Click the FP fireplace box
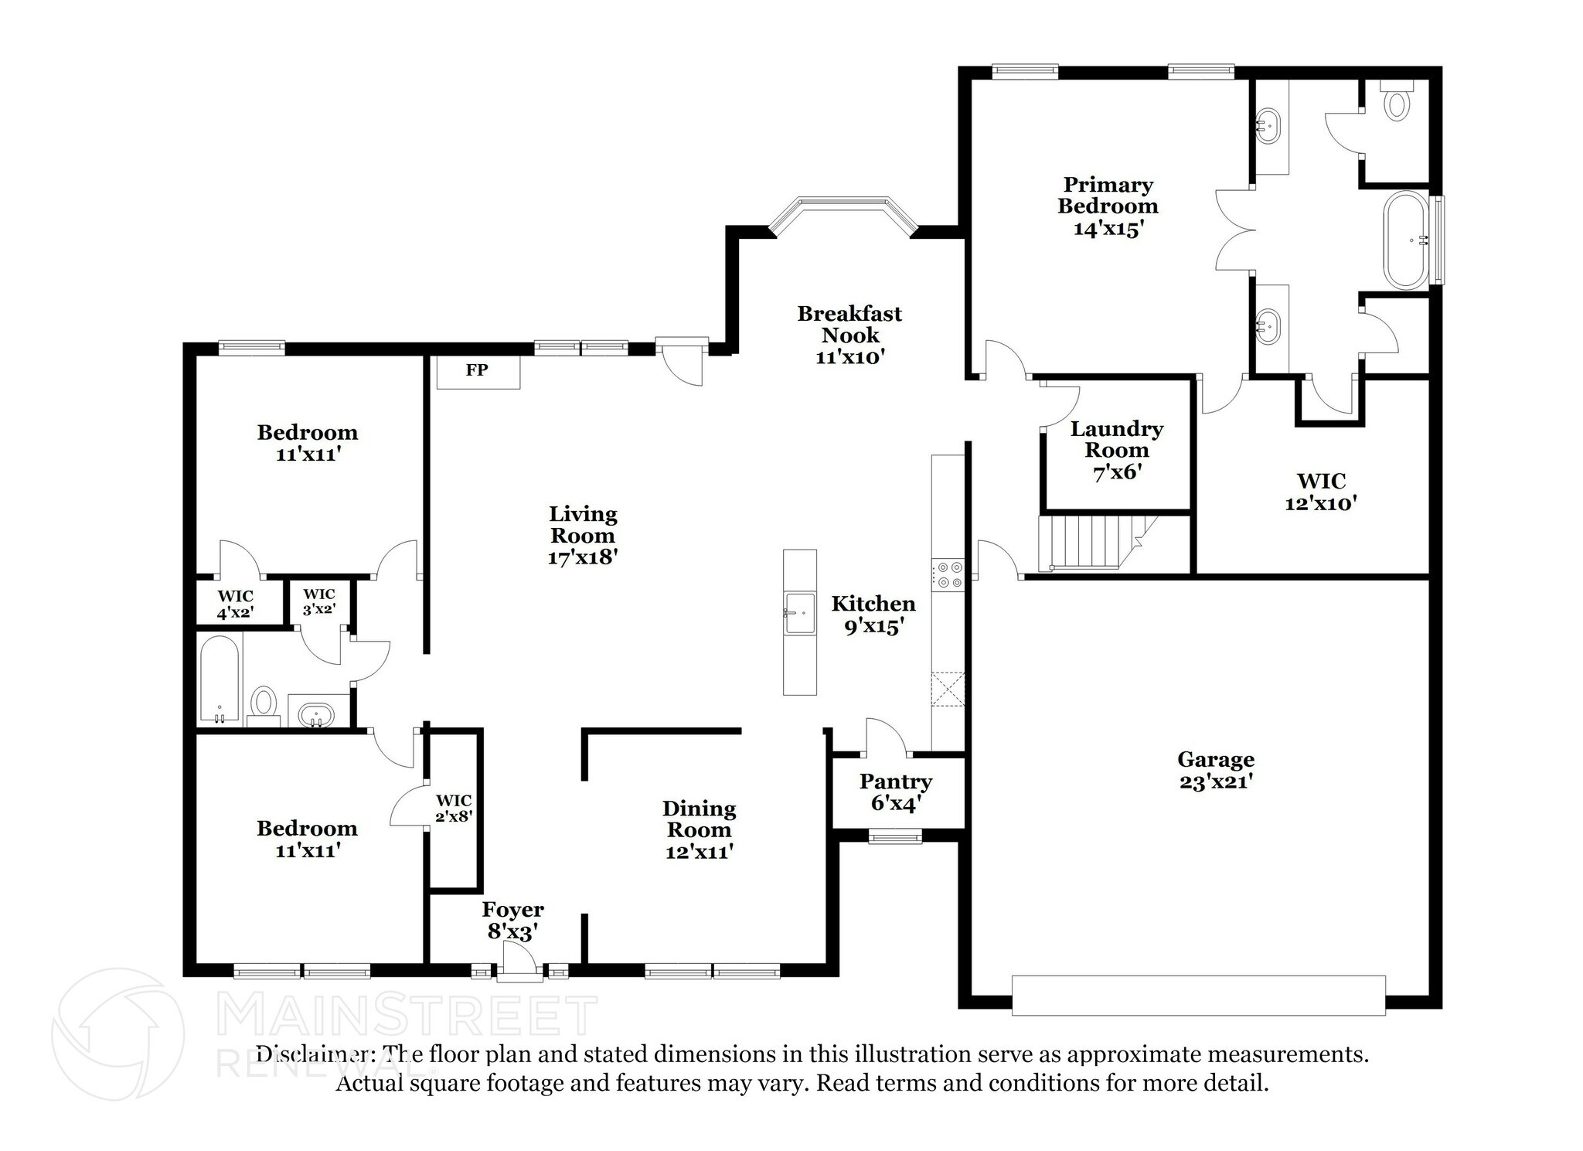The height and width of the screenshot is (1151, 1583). pos(478,371)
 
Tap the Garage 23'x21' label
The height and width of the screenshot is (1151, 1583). pos(1216,770)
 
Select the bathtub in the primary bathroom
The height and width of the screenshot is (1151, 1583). pos(1407,240)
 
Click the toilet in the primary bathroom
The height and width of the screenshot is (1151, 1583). pos(1396,104)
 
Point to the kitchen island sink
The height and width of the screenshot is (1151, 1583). pos(799,613)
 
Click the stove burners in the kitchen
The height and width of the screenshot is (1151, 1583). pos(948,575)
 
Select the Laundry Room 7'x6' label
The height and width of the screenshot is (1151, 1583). pos(1116,450)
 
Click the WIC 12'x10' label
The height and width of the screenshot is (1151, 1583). pos(1321,492)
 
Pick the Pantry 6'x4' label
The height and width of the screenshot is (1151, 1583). pos(895,792)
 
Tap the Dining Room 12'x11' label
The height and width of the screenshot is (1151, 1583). pos(699,830)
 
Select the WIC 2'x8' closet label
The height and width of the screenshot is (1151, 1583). pos(454,808)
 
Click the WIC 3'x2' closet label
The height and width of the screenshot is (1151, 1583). pos(318,601)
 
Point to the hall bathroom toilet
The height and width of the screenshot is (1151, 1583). pos(264,703)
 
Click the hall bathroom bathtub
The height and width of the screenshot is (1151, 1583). pos(220,678)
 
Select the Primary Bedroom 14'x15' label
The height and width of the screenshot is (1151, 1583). pos(1108,206)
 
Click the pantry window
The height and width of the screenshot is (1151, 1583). pos(894,836)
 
